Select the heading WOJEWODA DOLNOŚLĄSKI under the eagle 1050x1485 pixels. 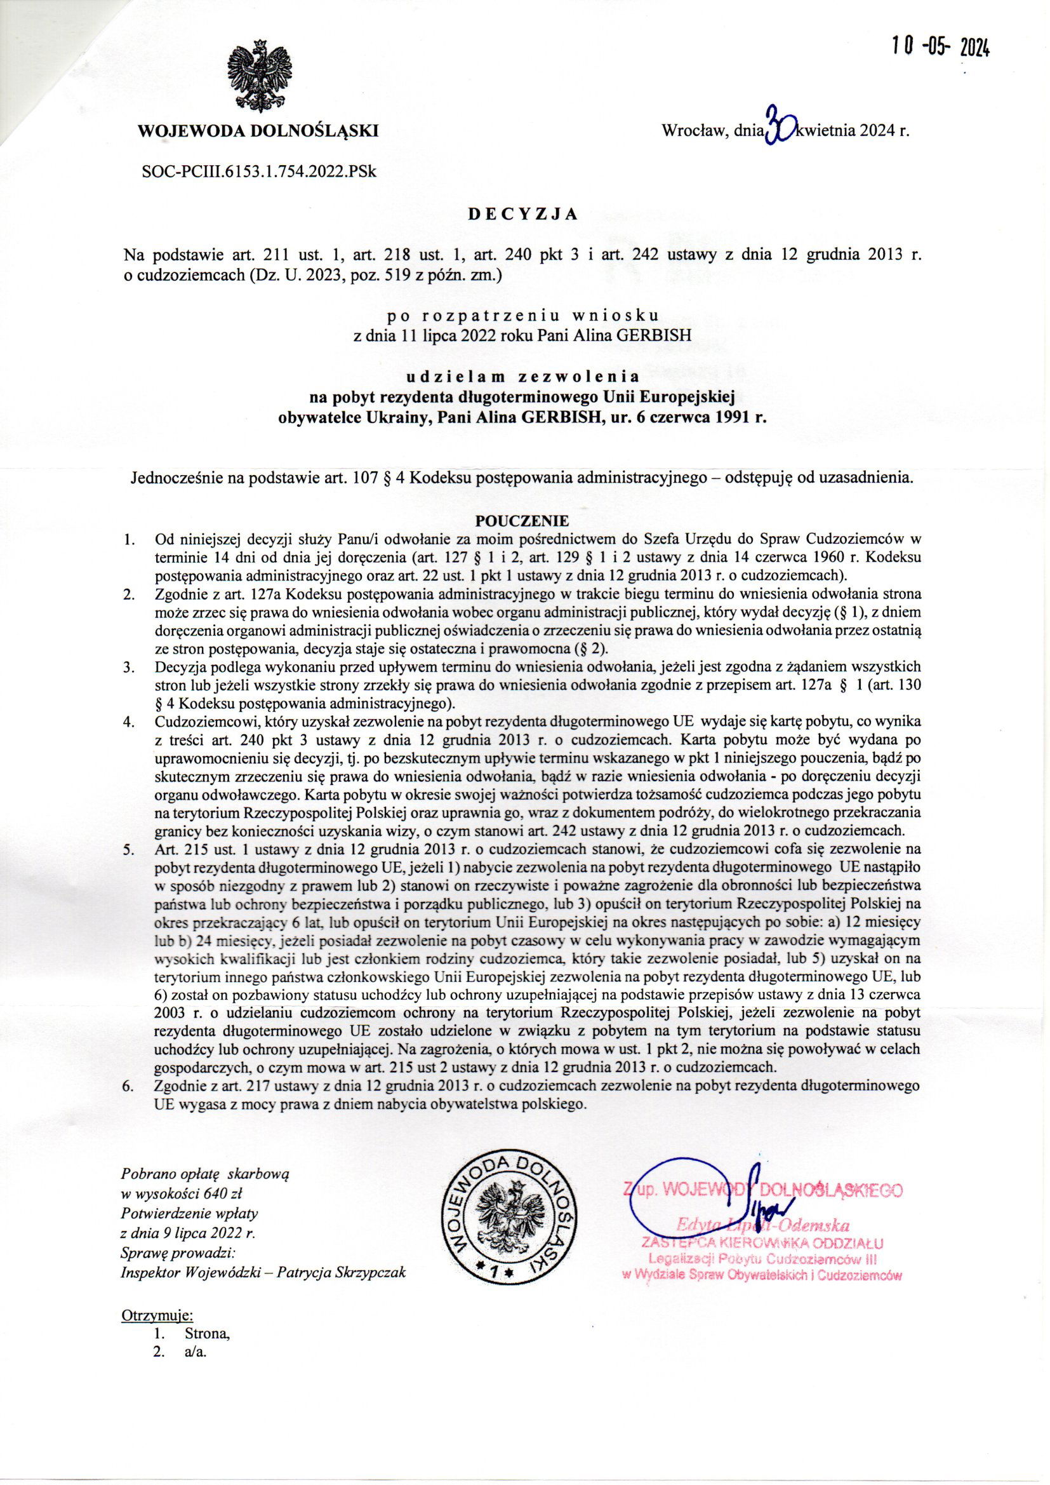click(x=258, y=131)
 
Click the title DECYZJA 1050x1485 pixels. click(x=523, y=215)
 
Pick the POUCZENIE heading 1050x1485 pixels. click(x=522, y=520)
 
